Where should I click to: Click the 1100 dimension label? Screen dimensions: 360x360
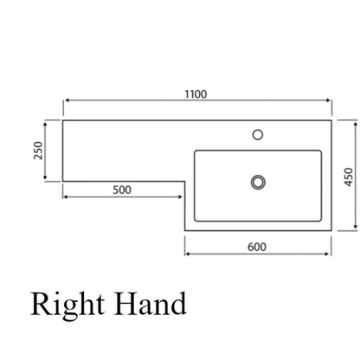click(x=196, y=94)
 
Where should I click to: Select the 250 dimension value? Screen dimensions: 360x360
click(x=38, y=150)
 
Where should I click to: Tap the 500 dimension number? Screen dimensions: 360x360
click(x=122, y=190)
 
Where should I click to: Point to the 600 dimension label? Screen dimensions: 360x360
click(x=257, y=247)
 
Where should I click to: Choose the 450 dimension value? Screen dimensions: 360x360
click(x=349, y=177)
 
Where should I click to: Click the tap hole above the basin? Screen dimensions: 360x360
click(x=258, y=135)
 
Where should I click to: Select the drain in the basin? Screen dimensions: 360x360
click(x=258, y=182)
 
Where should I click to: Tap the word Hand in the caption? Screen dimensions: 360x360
click(x=150, y=304)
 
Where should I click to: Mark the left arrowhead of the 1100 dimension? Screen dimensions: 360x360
click(x=67, y=100)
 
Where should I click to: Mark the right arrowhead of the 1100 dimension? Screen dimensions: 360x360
click(x=328, y=100)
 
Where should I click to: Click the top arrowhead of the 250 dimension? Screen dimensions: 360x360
click(x=45, y=125)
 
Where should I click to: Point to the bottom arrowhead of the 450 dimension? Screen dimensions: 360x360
click(x=356, y=227)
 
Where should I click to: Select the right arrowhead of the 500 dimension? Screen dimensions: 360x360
click(x=180, y=197)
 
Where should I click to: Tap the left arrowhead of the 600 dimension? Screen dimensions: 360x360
click(x=188, y=254)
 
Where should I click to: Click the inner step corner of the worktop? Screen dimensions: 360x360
click(x=185, y=182)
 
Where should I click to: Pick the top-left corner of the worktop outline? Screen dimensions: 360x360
click(x=63, y=120)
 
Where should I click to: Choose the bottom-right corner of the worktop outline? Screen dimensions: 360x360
click(x=331, y=230)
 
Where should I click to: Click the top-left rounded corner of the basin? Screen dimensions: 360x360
click(x=196, y=151)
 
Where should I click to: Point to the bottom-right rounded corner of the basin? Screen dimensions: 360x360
click(x=320, y=220)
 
